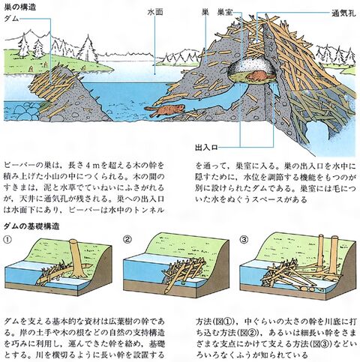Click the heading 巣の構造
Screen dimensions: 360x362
click(x=20, y=7)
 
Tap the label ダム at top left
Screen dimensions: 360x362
click(x=11, y=19)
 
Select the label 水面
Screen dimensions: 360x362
click(x=155, y=13)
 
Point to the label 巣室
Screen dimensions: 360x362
click(x=225, y=13)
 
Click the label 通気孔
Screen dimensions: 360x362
click(x=343, y=13)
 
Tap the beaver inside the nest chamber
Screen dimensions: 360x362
click(x=256, y=76)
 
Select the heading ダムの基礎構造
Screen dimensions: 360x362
click(x=31, y=226)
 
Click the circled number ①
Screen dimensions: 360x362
click(x=7, y=239)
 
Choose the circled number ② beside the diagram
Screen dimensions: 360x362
click(x=127, y=239)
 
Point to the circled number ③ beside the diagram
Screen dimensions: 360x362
click(x=244, y=239)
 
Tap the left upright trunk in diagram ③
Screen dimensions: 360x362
click(x=320, y=250)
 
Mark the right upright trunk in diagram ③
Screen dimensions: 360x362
click(x=334, y=254)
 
